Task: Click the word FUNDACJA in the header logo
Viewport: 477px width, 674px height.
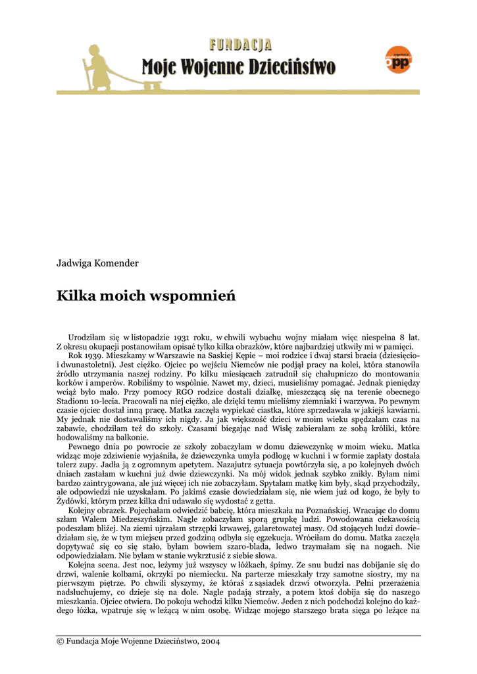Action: coord(240,45)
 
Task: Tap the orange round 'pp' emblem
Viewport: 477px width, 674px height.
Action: coord(398,61)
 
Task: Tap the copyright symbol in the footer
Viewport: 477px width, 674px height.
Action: coord(61,641)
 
